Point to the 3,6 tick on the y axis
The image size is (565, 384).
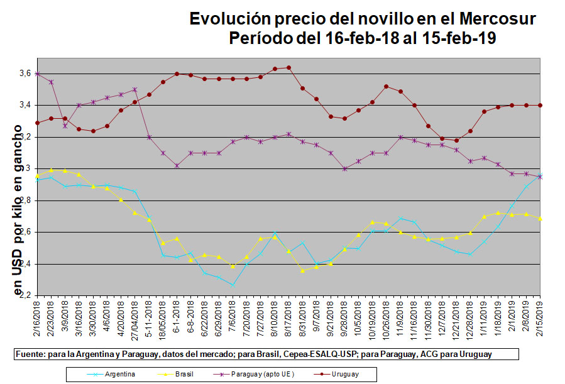point(25,74)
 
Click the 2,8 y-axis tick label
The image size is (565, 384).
point(25,200)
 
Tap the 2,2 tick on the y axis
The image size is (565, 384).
point(25,295)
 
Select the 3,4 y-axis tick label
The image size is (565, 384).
point(25,105)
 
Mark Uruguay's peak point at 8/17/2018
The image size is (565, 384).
point(288,67)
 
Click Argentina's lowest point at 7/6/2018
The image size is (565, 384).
point(233,285)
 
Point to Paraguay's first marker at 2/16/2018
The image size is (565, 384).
point(38,74)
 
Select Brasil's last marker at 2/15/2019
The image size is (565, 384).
point(540,218)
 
